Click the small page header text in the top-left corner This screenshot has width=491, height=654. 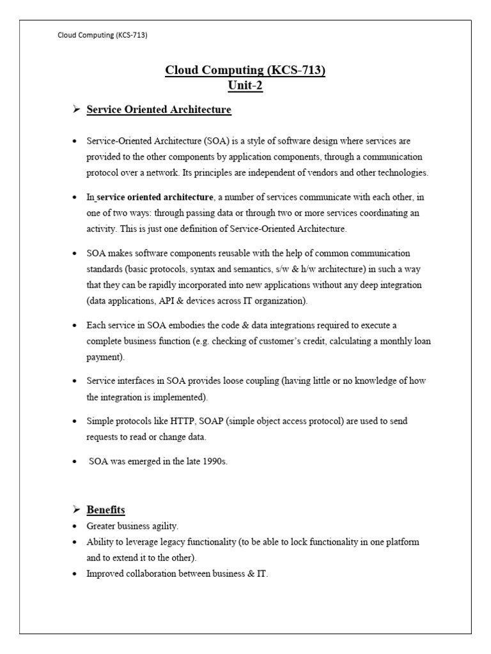click(x=102, y=36)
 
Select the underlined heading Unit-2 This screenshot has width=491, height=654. click(x=245, y=86)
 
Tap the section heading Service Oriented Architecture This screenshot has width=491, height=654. click(x=159, y=110)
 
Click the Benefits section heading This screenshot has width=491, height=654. click(x=105, y=510)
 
